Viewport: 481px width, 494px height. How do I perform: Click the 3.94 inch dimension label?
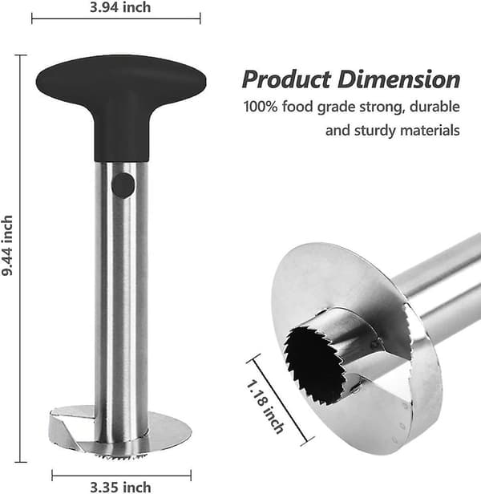[x=120, y=7]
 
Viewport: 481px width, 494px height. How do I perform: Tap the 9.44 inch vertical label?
[x=7, y=245]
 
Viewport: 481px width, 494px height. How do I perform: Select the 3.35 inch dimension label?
[x=120, y=487]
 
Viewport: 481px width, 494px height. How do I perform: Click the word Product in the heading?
[x=287, y=79]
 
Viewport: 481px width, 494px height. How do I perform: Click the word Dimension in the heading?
[x=398, y=79]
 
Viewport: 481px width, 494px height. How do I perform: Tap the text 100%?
[x=261, y=107]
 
